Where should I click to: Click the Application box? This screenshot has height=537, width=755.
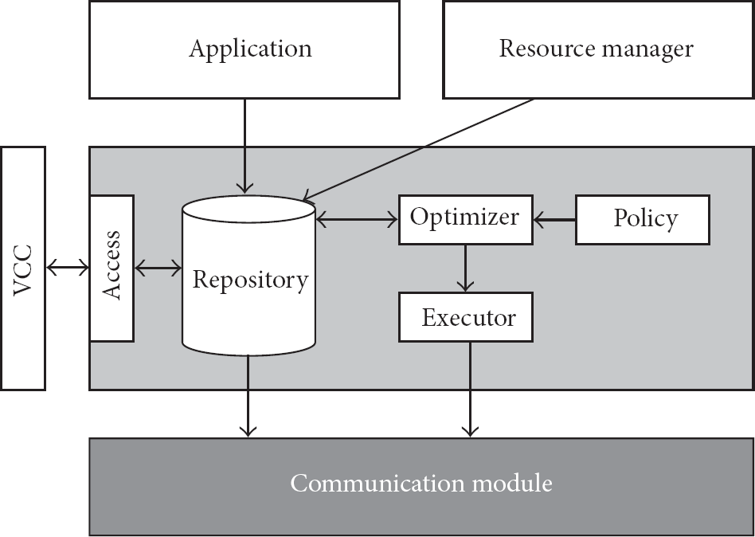pyautogui.click(x=244, y=49)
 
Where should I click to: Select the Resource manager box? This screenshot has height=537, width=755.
pyautogui.click(x=599, y=49)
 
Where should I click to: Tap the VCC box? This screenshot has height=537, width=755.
pyautogui.click(x=23, y=268)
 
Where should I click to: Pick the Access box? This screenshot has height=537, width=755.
pyautogui.click(x=111, y=268)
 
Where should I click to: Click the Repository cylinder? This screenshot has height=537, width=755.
pyautogui.click(x=249, y=276)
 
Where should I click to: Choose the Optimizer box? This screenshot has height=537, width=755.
pyautogui.click(x=466, y=220)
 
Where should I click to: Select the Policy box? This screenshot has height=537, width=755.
pyautogui.click(x=643, y=220)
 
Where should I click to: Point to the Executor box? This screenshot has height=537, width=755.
pyautogui.click(x=466, y=317)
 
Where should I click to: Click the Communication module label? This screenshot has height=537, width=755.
pyautogui.click(x=421, y=483)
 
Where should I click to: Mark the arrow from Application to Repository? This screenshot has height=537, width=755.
pyautogui.click(x=245, y=147)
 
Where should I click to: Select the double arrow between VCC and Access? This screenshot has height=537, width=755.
pyautogui.click(x=68, y=267)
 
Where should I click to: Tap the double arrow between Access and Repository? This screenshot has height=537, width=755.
pyautogui.click(x=158, y=268)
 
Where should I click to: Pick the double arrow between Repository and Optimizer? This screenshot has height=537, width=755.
pyautogui.click(x=358, y=220)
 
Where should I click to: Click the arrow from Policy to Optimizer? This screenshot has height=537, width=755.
pyautogui.click(x=554, y=220)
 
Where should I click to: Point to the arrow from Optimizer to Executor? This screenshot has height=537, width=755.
pyautogui.click(x=465, y=268)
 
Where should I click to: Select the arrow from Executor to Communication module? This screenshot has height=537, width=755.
pyautogui.click(x=470, y=390)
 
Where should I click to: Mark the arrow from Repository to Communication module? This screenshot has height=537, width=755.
pyautogui.click(x=248, y=396)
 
